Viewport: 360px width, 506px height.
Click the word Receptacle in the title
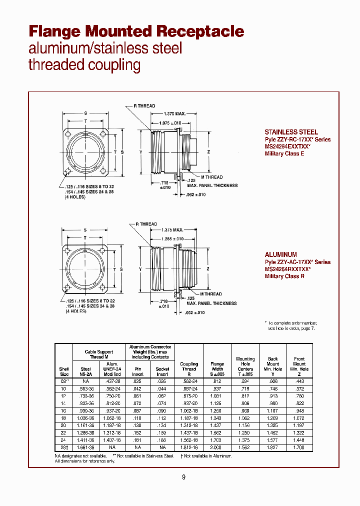[200, 31]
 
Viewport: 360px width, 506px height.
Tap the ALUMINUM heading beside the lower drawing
[280, 254]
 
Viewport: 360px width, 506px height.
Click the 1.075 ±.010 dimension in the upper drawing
[170, 123]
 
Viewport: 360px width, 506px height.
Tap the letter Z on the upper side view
[208, 151]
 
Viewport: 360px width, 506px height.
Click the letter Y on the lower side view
[141, 269]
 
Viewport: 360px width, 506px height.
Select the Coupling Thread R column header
[189, 369]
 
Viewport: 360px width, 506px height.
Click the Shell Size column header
[64, 371]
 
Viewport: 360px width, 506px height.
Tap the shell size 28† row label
[64, 447]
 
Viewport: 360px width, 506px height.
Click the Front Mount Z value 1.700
[298, 447]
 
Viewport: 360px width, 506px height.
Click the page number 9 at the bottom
[183, 477]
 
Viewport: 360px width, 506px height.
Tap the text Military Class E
[284, 153]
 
